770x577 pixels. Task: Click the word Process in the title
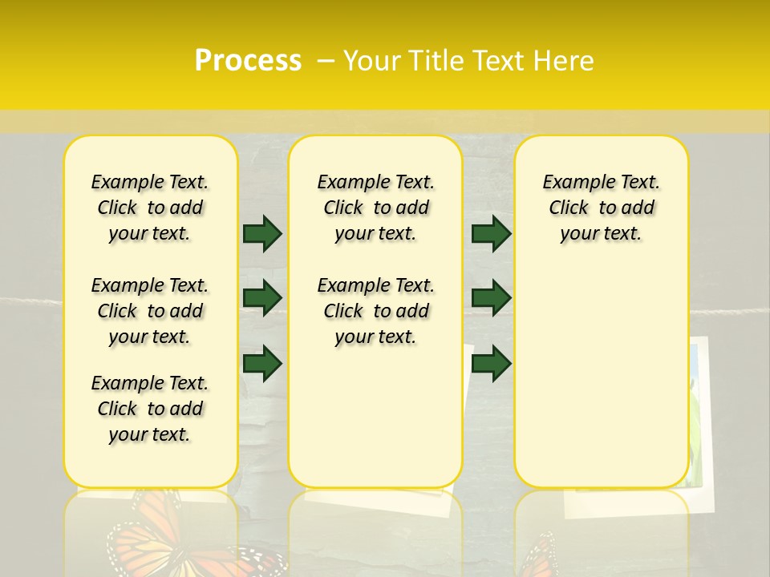point(248,61)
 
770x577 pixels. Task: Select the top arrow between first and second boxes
point(262,233)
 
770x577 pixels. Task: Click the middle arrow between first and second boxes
point(262,298)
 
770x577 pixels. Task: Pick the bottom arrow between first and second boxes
point(262,363)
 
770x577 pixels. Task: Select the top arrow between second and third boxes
point(491,233)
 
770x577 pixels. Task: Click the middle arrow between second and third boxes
point(491,298)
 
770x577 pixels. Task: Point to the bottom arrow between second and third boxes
point(491,363)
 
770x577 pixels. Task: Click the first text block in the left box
point(150,208)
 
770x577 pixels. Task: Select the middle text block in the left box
point(150,311)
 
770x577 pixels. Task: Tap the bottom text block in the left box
point(150,409)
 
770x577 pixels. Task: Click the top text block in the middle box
point(376,208)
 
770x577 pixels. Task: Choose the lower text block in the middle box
point(376,311)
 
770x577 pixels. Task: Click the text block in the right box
point(602,208)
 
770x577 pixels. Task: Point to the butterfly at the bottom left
point(152,533)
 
